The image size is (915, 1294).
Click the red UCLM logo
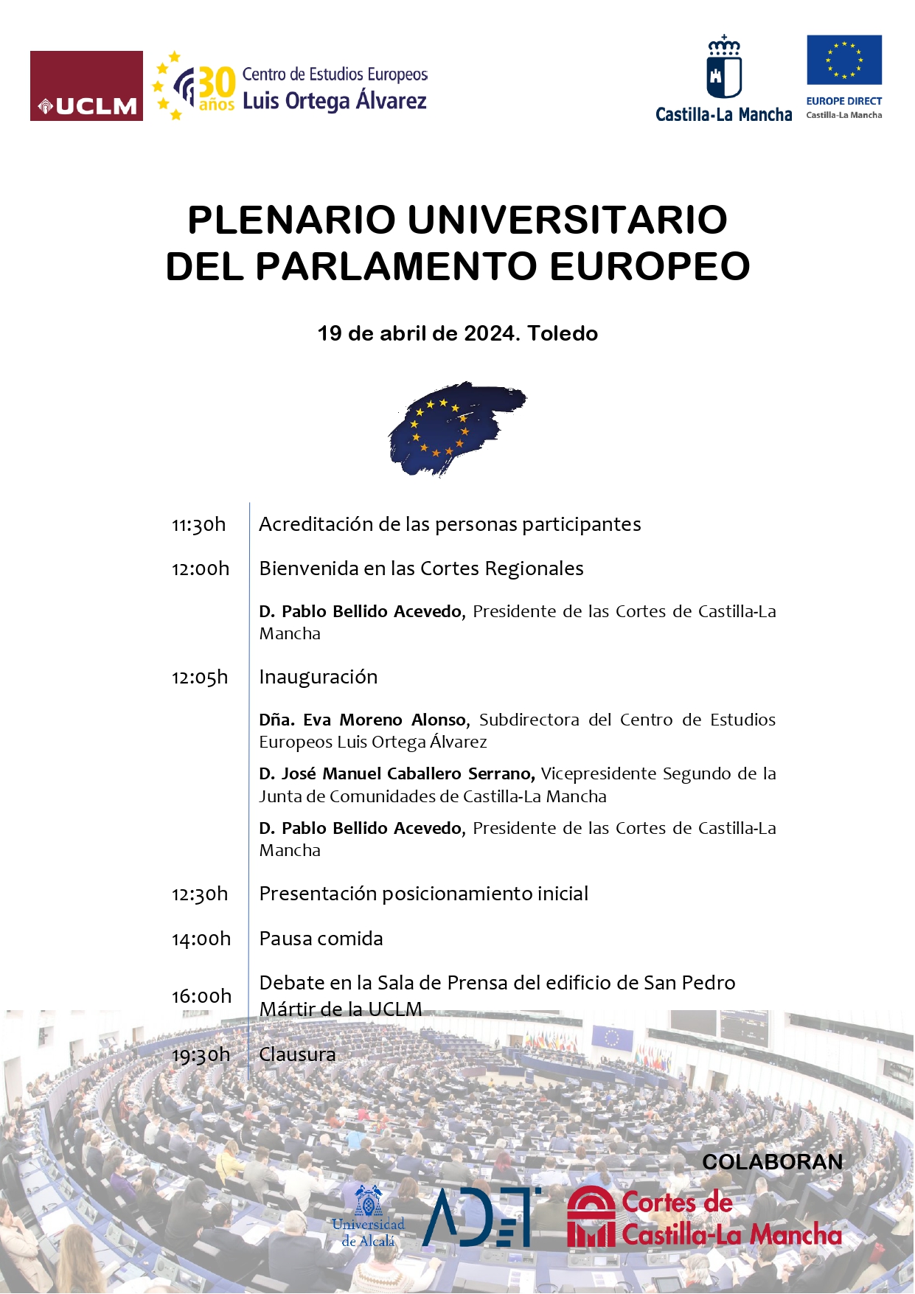click(86, 86)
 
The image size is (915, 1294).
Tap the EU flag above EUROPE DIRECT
click(843, 60)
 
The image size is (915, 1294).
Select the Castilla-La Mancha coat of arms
click(724, 68)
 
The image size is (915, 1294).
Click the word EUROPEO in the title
click(650, 266)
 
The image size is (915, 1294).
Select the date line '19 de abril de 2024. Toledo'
click(457, 333)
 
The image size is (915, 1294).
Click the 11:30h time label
click(199, 525)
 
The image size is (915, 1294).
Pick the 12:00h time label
click(201, 569)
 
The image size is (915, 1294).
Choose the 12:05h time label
click(200, 678)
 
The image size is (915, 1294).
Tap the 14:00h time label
click(201, 939)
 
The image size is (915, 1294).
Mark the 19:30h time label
click(201, 1055)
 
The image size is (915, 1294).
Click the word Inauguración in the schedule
click(319, 677)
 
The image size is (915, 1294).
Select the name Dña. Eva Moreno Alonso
click(363, 720)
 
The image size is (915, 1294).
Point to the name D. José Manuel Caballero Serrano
click(397, 773)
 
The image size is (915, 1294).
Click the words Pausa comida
click(321, 939)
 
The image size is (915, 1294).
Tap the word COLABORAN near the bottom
click(772, 1162)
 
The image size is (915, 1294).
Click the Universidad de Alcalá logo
click(369, 1216)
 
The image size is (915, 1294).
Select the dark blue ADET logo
click(480, 1217)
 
